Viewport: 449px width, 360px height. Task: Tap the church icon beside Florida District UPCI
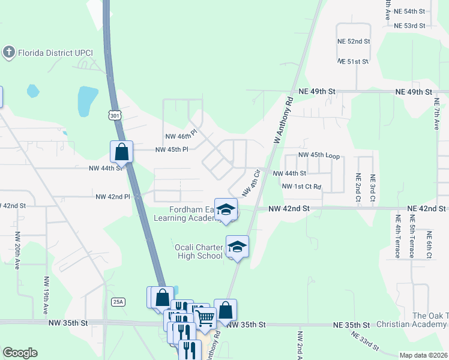click(8, 53)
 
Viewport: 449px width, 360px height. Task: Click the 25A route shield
click(118, 302)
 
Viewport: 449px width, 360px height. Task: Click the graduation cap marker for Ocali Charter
click(238, 247)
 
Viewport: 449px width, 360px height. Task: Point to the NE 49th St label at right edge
click(414, 92)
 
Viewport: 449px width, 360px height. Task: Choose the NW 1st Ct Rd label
click(302, 187)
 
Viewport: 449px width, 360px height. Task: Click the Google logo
click(20, 353)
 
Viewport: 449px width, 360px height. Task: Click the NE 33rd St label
click(366, 343)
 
